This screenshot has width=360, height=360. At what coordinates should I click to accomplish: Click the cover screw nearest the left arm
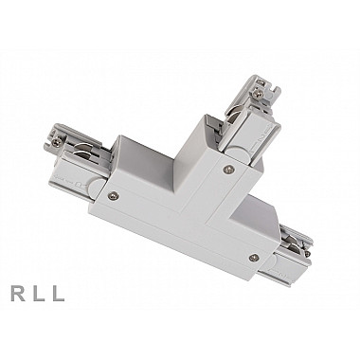[113, 196]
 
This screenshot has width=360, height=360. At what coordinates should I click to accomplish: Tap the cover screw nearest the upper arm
[227, 170]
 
